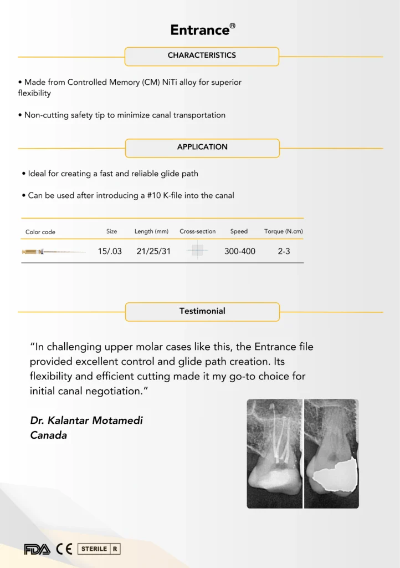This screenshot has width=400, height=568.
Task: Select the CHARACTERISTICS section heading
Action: (202, 55)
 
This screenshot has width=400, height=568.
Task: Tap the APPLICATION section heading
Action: (202, 147)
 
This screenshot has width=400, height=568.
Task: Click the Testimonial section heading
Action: (202, 311)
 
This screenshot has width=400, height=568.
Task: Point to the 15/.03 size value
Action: (110, 251)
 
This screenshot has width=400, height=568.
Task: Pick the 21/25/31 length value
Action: (153, 251)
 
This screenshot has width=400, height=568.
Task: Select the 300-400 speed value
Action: (239, 251)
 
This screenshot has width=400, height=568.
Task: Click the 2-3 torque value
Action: (284, 251)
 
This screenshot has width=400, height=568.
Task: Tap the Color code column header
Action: (40, 232)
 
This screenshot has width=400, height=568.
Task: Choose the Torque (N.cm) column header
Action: (284, 231)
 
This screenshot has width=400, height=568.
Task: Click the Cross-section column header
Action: (197, 231)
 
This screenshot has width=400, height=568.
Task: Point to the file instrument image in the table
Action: (53, 252)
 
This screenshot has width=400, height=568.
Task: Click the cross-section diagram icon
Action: (197, 251)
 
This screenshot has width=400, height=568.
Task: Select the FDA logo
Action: (37, 549)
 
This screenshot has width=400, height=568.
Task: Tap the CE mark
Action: (64, 549)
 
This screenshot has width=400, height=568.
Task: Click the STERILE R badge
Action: (99, 549)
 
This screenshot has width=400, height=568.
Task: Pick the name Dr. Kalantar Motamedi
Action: (86, 420)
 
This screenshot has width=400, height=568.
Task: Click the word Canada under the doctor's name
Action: (48, 435)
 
